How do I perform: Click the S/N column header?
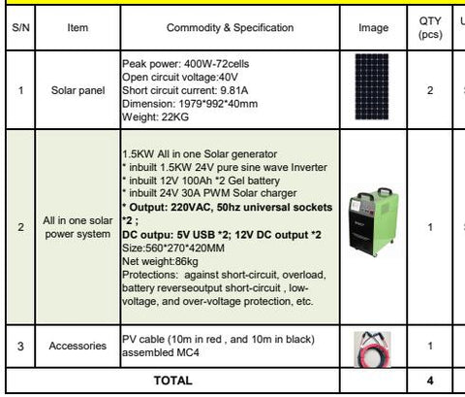(20, 28)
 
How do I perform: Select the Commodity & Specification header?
(230, 28)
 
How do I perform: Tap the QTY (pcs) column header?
(430, 27)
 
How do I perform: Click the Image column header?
(373, 28)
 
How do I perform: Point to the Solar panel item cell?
(77, 90)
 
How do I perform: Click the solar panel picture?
(372, 86)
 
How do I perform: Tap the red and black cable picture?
(372, 349)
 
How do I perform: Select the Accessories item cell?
(77, 346)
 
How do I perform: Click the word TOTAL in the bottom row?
(173, 380)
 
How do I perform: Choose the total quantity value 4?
(430, 380)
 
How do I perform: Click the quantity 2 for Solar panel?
(430, 90)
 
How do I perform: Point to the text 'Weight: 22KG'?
(155, 116)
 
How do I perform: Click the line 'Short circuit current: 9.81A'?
(185, 90)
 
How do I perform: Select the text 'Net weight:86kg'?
(160, 261)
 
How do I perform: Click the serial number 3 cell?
(20, 347)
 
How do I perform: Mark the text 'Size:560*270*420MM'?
(173, 248)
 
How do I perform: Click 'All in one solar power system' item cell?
(77, 227)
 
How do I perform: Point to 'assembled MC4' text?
(161, 352)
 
